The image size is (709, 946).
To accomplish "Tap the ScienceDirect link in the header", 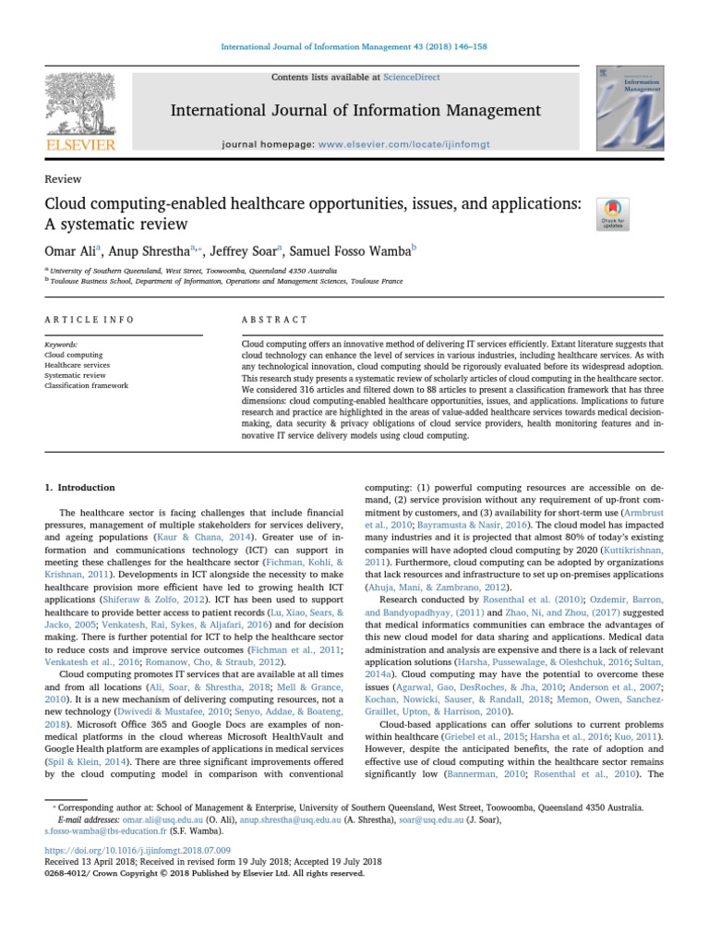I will click(414, 78).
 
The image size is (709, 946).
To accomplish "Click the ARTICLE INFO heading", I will click(90, 320).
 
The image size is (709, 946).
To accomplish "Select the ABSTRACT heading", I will click(274, 320).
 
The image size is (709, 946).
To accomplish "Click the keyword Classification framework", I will click(87, 386).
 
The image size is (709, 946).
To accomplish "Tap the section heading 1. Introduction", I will click(80, 487).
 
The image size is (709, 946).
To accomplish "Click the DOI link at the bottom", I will click(138, 849).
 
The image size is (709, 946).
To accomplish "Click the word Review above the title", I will click(63, 179).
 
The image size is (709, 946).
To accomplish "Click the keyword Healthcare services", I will click(77, 365).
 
